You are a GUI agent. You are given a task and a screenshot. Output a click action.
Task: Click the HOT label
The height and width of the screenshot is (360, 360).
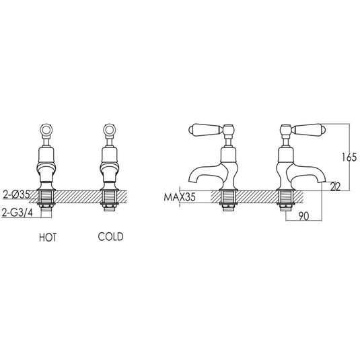(48, 238)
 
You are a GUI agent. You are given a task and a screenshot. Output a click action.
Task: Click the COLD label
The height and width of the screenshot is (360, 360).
(110, 237)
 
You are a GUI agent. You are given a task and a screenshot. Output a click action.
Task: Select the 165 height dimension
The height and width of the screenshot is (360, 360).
(349, 157)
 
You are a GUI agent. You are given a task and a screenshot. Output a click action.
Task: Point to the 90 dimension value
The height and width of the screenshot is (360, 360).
(304, 216)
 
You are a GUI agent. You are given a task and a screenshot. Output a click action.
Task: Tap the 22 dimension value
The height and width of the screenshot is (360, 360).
(335, 187)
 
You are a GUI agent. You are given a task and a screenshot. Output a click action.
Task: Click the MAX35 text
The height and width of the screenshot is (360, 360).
(180, 197)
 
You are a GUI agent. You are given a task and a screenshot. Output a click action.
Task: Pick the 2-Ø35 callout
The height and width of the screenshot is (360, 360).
(16, 195)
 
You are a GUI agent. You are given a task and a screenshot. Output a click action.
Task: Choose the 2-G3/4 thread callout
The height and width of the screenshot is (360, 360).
(17, 213)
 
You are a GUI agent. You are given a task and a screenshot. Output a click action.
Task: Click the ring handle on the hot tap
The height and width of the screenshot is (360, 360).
(46, 130)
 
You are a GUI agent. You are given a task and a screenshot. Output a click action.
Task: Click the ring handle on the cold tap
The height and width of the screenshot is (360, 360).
(109, 130)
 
